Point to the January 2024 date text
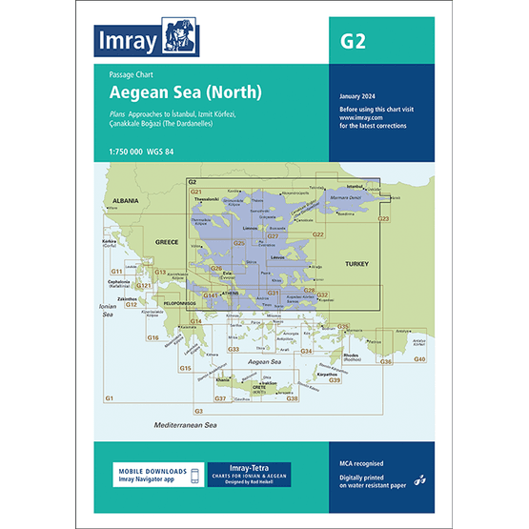pyautogui.click(x=358, y=97)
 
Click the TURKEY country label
pyautogui.click(x=355, y=263)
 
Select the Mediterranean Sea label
pyautogui.click(x=186, y=423)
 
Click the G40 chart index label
pyautogui.click(x=419, y=358)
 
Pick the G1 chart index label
pyautogui.click(x=109, y=397)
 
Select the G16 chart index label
pyautogui.click(x=153, y=337)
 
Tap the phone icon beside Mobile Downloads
pyautogui.click(x=194, y=476)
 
